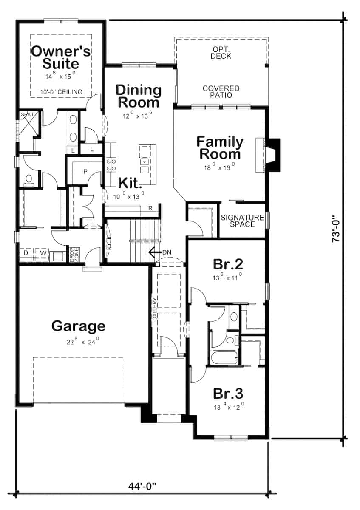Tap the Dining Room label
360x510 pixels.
coord(139,96)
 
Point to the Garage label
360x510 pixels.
coord(78,326)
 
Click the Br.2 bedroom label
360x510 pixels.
coord(228,264)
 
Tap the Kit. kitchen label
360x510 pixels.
coord(130,183)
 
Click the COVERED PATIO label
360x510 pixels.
coord(221,92)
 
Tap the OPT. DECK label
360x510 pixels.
coord(221,53)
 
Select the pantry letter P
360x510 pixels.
coord(85,172)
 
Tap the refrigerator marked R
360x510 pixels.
coord(150,208)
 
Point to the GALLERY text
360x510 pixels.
coord(155,308)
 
